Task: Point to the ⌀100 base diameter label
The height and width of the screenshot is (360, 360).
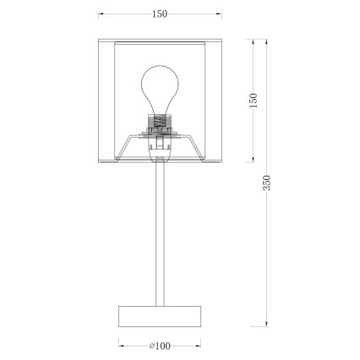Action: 159,345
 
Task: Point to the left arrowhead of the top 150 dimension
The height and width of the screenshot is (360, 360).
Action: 101,14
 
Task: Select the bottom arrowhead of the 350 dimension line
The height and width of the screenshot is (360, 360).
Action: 267,324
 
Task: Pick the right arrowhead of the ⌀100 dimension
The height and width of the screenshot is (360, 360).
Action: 199,345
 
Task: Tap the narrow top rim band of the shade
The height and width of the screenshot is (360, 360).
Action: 160,40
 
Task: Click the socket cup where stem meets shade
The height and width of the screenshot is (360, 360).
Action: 159,154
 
